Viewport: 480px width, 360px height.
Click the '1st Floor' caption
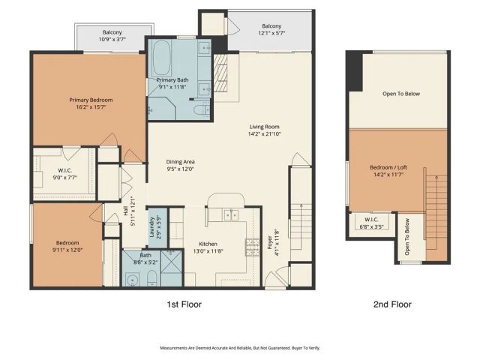[x=183, y=304]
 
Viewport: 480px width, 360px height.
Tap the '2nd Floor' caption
[x=392, y=304]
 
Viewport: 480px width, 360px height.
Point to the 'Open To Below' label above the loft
[x=400, y=94]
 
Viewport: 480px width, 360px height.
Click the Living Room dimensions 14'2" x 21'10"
[x=266, y=134]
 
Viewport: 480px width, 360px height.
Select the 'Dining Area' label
[x=180, y=162]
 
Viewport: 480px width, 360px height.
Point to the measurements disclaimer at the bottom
[x=239, y=348]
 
